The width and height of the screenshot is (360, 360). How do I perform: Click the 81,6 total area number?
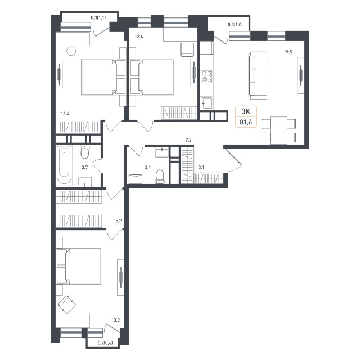click(x=246, y=122)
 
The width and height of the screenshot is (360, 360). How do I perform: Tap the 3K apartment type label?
click(x=246, y=111)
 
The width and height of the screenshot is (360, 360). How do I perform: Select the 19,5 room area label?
click(x=287, y=52)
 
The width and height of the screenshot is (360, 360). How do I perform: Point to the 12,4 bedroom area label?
click(x=139, y=36)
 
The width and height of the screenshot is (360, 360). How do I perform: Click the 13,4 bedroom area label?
click(x=65, y=114)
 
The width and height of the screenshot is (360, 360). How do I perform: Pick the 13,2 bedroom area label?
click(x=115, y=320)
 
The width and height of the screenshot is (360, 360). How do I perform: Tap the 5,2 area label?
click(x=119, y=221)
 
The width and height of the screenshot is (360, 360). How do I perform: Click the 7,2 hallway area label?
click(x=188, y=140)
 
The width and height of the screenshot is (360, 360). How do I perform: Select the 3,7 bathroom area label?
click(x=85, y=168)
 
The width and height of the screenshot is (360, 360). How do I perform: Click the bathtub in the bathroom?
click(x=64, y=165)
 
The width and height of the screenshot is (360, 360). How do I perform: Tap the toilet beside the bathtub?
click(x=85, y=151)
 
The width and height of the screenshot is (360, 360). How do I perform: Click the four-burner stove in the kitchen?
click(x=206, y=76)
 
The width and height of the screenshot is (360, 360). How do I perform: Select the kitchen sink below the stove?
click(x=206, y=103)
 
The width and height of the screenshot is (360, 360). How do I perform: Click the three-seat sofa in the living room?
click(x=258, y=75)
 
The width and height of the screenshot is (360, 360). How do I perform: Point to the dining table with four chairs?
click(x=279, y=130)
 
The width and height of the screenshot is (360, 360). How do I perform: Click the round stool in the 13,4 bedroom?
click(x=71, y=51)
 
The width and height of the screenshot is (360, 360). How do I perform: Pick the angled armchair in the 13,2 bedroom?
click(x=67, y=305)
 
